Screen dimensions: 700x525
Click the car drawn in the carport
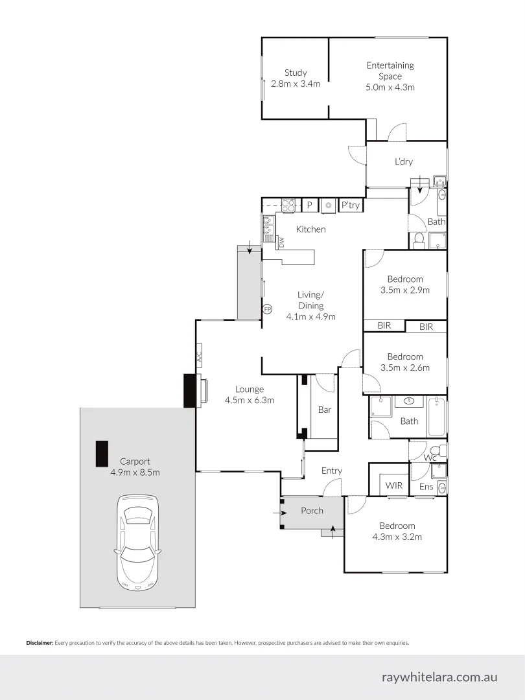137,542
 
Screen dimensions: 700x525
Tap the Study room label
296,73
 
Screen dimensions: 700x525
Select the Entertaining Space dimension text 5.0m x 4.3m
390,87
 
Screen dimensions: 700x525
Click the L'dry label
404,162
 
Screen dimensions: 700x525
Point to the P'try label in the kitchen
351,205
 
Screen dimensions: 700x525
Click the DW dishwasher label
281,242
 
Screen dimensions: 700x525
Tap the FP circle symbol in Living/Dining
266,309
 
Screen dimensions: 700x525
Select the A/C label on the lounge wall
200,357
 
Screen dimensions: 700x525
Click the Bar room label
325,410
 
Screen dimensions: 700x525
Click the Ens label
426,486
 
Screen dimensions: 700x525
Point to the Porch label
312,511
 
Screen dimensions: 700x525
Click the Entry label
332,471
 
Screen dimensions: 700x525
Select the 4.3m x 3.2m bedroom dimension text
397,537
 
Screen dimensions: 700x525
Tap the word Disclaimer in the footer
40,643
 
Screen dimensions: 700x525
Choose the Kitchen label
310,229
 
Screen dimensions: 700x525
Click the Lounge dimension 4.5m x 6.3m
249,400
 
